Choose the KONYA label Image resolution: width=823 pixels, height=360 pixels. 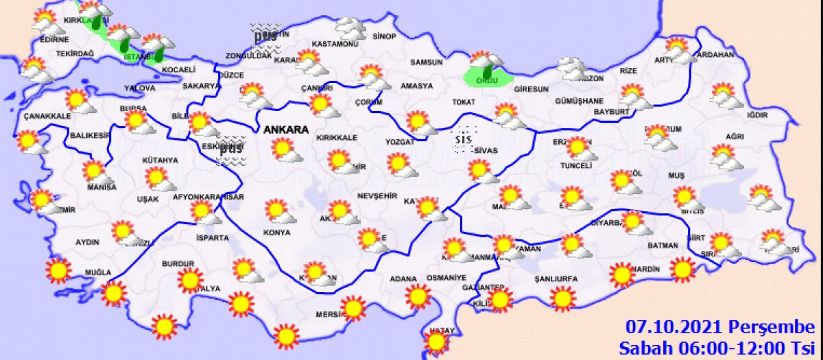(276, 233)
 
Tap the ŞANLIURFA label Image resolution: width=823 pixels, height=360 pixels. (556, 279)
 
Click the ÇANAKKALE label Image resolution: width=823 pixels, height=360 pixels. (47, 116)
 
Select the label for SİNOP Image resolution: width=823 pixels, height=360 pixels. (384, 36)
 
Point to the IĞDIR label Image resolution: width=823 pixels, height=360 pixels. (756, 115)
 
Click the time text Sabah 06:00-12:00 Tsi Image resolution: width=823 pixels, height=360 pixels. (719, 347)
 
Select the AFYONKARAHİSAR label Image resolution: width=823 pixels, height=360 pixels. (207, 196)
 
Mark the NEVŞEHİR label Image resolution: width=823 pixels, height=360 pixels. (377, 195)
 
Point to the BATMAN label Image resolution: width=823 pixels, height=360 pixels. (663, 245)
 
